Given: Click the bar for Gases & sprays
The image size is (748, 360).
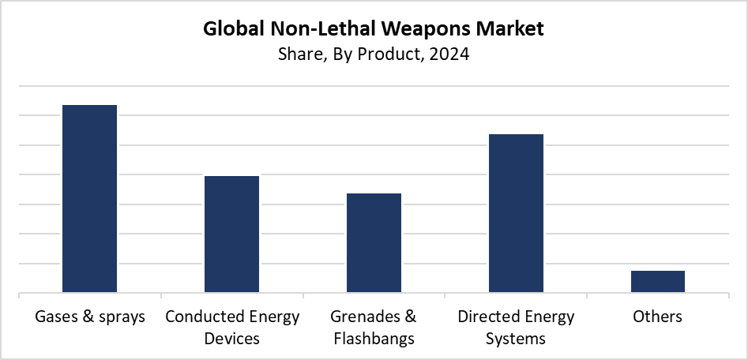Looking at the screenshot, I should coord(90,199).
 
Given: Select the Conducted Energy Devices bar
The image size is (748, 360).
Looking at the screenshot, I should coord(232,234).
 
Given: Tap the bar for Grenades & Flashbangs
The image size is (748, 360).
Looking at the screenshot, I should coord(374,243).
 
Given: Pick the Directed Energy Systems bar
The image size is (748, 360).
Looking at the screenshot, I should coord(517,213).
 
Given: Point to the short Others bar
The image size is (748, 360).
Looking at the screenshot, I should coord(658,282).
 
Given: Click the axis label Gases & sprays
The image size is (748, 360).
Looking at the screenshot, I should coord(90,317).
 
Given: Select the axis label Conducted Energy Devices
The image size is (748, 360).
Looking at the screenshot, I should coord(232,328).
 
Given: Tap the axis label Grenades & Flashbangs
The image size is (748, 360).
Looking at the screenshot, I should coord(374,328).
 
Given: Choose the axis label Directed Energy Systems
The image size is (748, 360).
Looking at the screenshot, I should coord(517,328).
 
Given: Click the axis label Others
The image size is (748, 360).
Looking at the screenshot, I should coord(658,317).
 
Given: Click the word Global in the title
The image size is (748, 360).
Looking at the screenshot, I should coord(231,30).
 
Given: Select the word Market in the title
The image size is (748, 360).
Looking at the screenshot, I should coord(514,30).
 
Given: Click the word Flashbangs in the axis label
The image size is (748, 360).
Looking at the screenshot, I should coord(374,339).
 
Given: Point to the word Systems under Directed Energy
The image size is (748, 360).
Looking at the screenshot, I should coord(517,339).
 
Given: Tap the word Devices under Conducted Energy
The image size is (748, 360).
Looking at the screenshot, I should coord(232,339).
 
